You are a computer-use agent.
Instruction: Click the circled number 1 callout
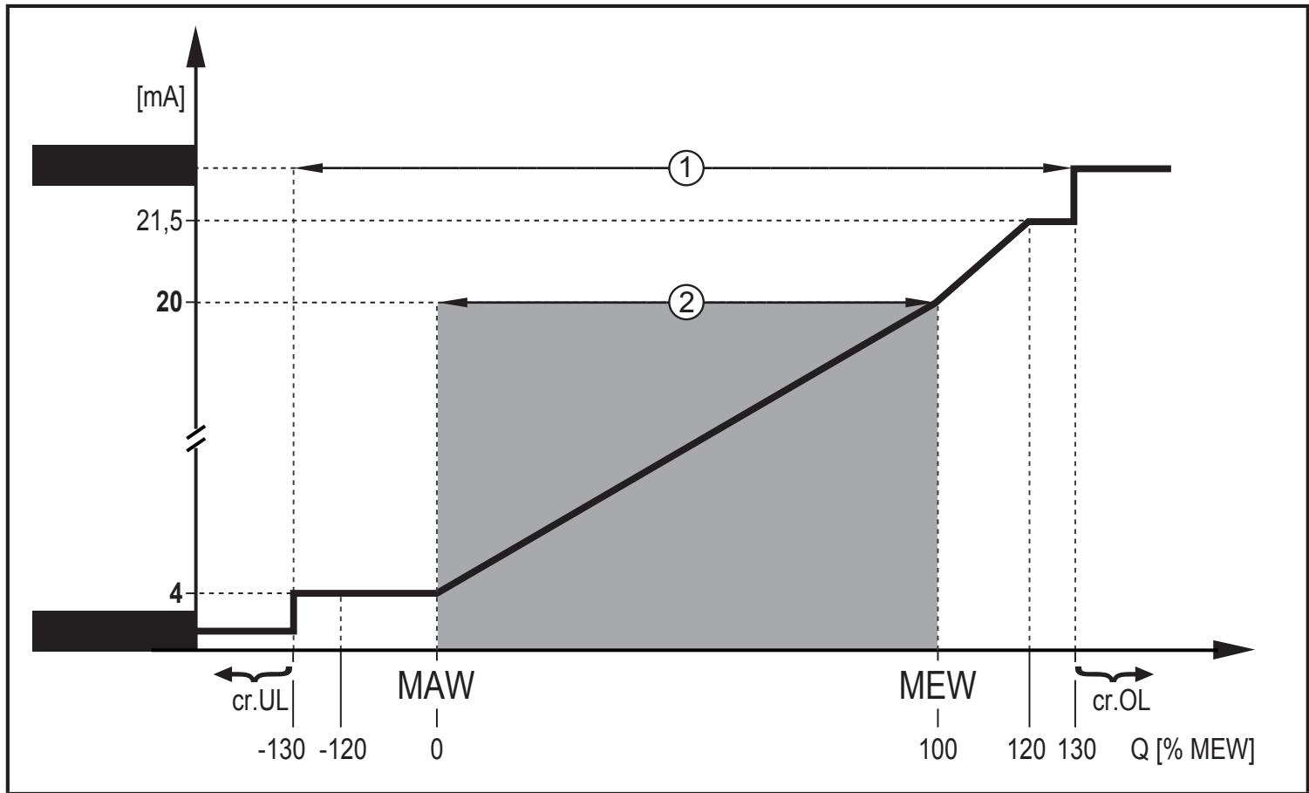[686, 168]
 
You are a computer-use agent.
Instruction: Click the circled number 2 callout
[686, 303]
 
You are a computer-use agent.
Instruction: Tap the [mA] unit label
[160, 98]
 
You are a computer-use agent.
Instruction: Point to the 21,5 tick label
[159, 222]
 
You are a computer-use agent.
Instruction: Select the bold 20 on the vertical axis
[169, 303]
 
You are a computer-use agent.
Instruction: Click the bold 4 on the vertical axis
[176, 594]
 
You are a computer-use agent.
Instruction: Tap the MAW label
[436, 686]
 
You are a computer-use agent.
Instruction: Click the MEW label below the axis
[937, 686]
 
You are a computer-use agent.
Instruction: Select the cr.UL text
[260, 701]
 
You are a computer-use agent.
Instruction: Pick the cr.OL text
[1121, 701]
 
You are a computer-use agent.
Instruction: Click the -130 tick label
[282, 749]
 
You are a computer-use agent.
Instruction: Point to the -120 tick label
[343, 749]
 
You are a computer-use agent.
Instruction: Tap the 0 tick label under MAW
[437, 749]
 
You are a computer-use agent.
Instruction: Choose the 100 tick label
[937, 749]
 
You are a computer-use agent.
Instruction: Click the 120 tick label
[1026, 749]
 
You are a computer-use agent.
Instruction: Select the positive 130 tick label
[1077, 749]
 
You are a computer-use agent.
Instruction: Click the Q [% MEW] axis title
[1192, 749]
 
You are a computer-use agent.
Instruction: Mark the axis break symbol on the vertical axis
[195, 438]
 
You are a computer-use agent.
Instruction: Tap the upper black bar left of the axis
[114, 166]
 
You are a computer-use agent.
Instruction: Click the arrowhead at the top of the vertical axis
[195, 47]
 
